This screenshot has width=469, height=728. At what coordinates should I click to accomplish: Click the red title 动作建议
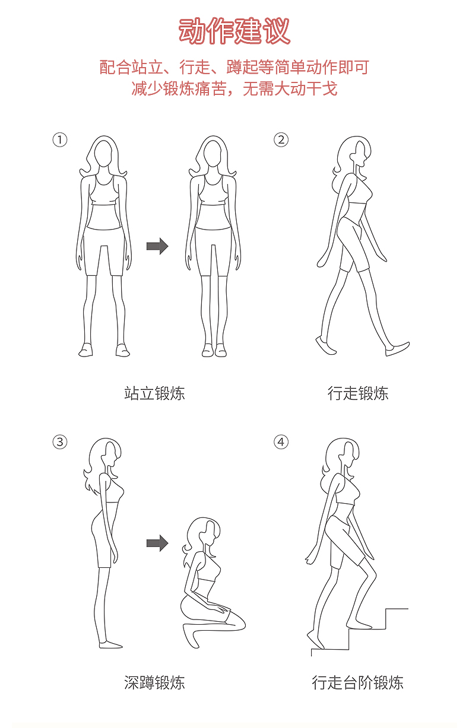click(234, 31)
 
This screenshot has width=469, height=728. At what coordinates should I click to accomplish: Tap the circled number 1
click(60, 140)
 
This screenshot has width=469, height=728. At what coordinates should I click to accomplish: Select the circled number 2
click(281, 140)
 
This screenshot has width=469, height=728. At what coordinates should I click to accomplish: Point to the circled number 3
click(60, 442)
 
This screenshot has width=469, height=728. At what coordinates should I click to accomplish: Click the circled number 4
click(281, 442)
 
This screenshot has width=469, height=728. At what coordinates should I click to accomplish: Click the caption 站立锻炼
click(154, 393)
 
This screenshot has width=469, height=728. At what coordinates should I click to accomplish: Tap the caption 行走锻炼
click(358, 393)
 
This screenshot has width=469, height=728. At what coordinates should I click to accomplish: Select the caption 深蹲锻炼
click(154, 682)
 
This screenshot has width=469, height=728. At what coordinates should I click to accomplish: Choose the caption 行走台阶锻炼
click(358, 682)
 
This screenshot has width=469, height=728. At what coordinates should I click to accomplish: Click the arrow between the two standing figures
click(157, 246)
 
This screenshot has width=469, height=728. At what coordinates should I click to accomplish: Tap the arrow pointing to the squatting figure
click(157, 543)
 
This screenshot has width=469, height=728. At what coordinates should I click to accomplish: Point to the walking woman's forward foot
click(397, 349)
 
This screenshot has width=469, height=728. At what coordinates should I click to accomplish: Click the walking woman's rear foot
click(325, 346)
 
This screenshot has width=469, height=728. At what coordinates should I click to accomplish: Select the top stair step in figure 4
click(397, 609)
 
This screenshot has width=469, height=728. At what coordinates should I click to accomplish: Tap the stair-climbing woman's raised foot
click(359, 625)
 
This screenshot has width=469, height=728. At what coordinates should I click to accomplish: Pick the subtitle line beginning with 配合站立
click(234, 67)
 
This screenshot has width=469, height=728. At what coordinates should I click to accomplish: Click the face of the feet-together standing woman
click(213, 154)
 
